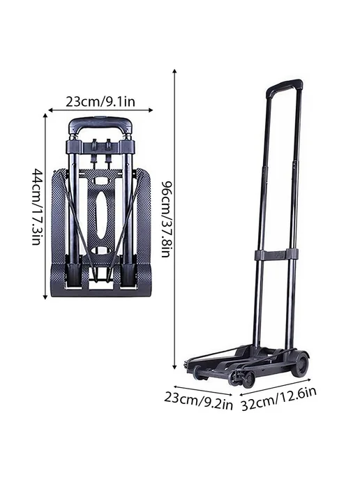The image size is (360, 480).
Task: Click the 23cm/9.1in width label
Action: point(100,102)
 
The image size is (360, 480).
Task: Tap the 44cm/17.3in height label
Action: point(36,207)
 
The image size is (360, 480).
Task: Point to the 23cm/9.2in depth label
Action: point(198,402)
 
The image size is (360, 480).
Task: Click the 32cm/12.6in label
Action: point(278,399)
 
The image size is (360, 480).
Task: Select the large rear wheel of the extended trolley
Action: point(300,364)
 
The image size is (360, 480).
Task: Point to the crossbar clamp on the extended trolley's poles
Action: point(276,255)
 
